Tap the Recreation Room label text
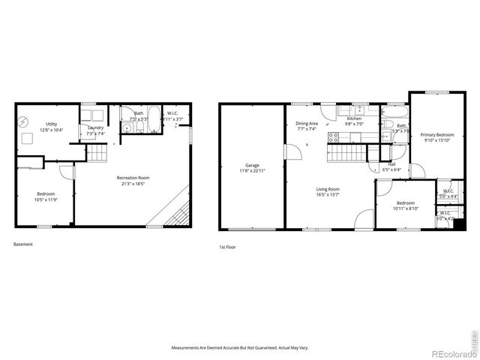coord(133,178)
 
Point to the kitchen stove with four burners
coord(334,137)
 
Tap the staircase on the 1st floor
coord(346,153)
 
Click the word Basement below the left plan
coord(23,244)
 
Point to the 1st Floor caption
coord(227,247)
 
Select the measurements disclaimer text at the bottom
coord(240,348)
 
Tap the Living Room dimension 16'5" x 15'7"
coord(328,195)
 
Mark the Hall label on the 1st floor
coord(391,164)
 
